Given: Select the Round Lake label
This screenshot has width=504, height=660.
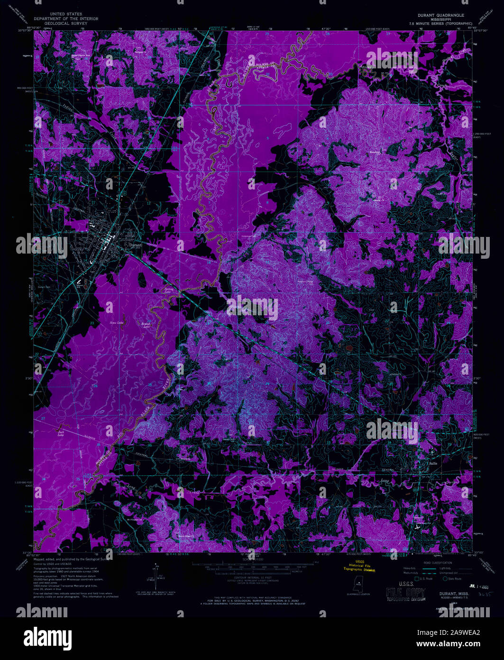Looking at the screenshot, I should [146, 325].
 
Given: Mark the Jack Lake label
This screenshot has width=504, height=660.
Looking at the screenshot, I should [61, 434].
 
